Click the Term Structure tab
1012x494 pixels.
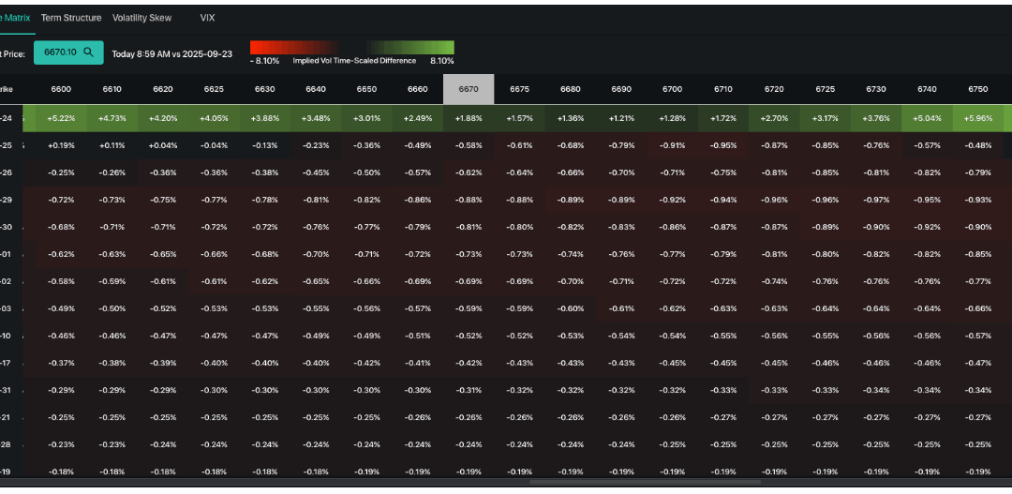tap(71, 18)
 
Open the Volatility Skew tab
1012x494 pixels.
tap(141, 18)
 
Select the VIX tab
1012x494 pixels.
tap(208, 18)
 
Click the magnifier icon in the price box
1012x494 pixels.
tap(88, 53)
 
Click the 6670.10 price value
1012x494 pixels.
tap(60, 53)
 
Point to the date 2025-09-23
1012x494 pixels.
tap(208, 53)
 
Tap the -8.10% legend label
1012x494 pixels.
tap(264, 61)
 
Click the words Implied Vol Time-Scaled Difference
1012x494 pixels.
tap(353, 61)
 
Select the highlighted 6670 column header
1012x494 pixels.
tap(469, 89)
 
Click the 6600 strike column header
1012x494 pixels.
tap(61, 89)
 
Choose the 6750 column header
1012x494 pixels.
tap(977, 89)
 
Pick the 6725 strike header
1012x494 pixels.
tap(825, 89)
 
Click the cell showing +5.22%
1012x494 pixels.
tap(61, 118)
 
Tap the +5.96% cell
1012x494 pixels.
tap(977, 118)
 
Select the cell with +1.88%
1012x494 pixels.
tap(469, 118)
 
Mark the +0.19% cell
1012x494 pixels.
tap(61, 145)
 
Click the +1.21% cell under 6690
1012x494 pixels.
tap(621, 118)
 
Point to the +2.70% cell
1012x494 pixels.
tap(774, 118)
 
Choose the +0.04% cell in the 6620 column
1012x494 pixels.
tap(163, 145)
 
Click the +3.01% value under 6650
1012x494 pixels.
tap(366, 118)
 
